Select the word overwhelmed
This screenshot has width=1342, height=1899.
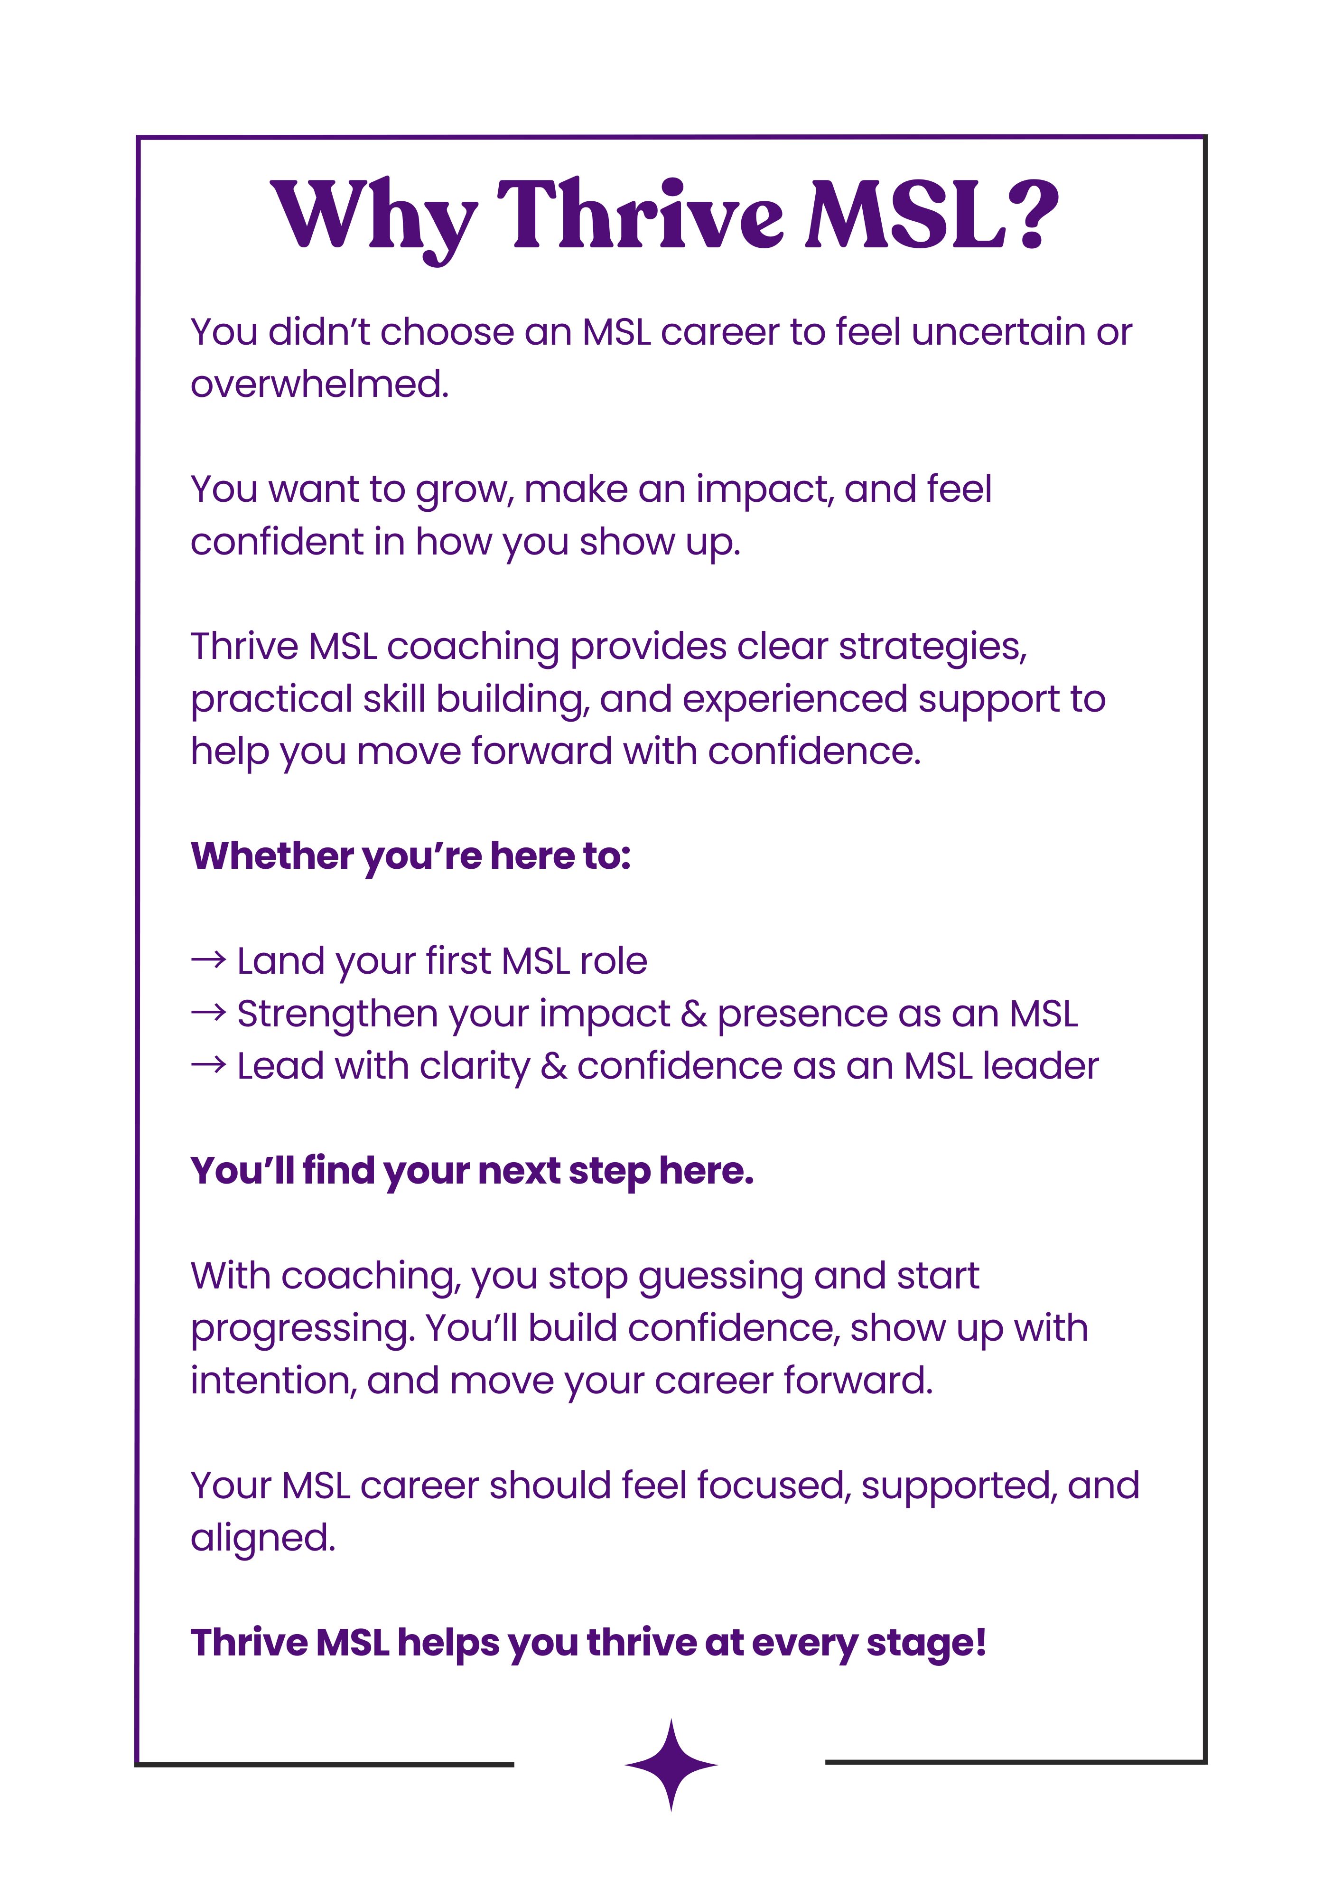tap(319, 385)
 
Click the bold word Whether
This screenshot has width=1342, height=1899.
tap(271, 856)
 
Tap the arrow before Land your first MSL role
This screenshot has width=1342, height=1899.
tap(208, 960)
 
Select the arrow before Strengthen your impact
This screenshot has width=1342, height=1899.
tap(208, 1013)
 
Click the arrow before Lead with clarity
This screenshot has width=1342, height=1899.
tap(208, 1065)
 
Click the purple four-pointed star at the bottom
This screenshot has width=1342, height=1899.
tap(671, 1765)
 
